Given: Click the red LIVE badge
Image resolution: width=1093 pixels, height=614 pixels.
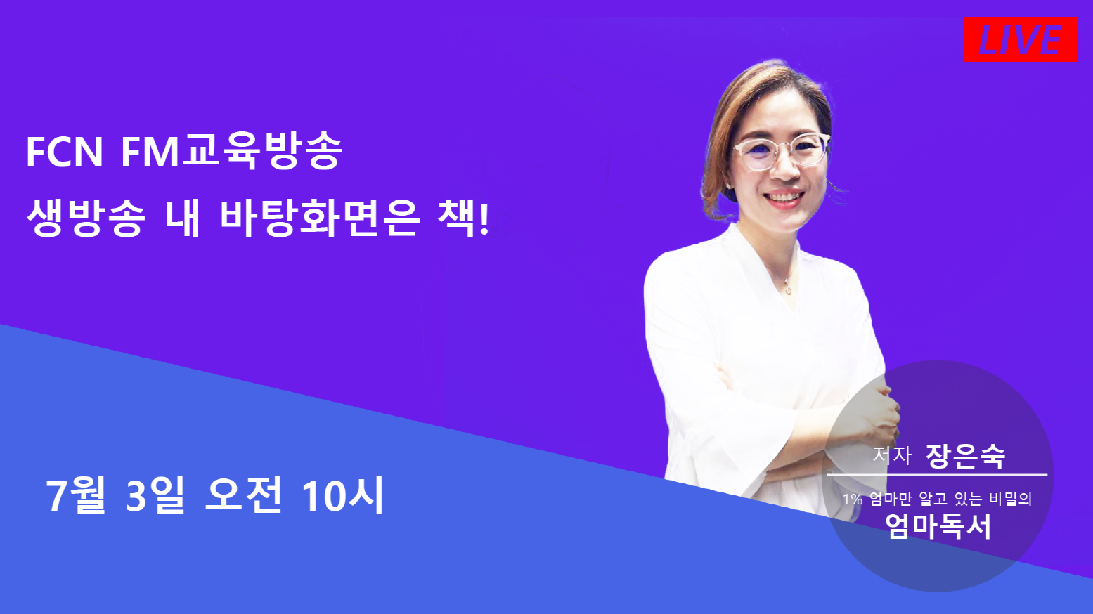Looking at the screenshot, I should click(x=1020, y=39).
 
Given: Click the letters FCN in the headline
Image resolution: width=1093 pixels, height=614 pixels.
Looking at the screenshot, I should click(x=65, y=152).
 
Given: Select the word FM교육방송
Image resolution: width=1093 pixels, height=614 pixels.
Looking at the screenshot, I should click(x=231, y=152).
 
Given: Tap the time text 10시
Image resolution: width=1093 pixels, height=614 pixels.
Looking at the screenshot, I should click(x=342, y=495).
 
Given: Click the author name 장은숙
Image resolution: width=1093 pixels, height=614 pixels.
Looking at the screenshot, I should click(x=965, y=456).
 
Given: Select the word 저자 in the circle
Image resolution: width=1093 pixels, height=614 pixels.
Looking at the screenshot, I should click(x=892, y=456).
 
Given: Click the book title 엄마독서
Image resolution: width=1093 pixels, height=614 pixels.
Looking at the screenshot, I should click(x=938, y=526).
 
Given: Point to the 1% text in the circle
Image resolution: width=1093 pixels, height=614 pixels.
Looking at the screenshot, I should click(x=853, y=499).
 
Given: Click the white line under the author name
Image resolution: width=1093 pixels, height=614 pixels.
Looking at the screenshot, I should click(x=937, y=476).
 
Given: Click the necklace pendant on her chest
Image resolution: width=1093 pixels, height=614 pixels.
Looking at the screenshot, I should click(x=789, y=289).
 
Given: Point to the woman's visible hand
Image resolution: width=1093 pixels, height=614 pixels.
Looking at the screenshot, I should click(x=879, y=414).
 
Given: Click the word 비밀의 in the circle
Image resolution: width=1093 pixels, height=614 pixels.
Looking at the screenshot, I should click(x=1010, y=499).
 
